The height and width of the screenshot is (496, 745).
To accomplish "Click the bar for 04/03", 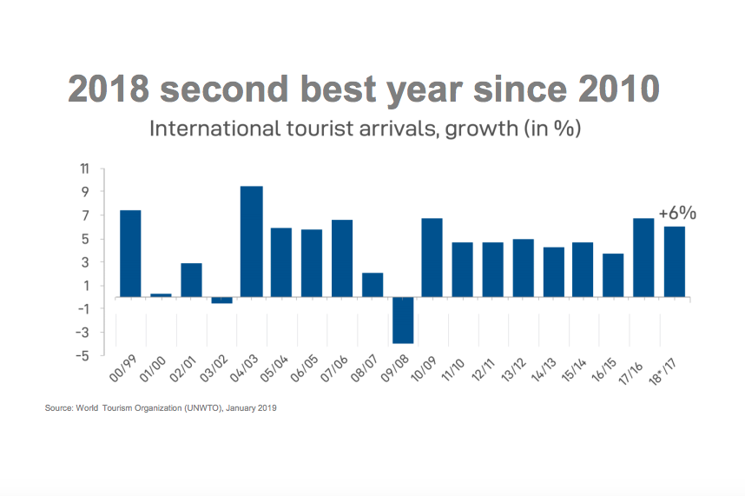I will (251, 241).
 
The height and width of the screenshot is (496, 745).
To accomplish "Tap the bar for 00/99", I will (130, 254).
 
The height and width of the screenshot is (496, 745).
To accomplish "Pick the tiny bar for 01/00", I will (161, 295).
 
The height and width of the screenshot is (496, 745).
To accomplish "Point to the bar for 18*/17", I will (675, 261).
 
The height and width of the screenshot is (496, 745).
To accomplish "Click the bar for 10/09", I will (432, 257).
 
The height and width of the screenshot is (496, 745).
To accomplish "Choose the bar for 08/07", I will (372, 285).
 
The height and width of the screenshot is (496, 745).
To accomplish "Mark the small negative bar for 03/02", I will (221, 300).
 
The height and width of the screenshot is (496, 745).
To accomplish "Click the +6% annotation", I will (677, 213).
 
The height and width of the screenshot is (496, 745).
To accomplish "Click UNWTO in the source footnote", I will (198, 407).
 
